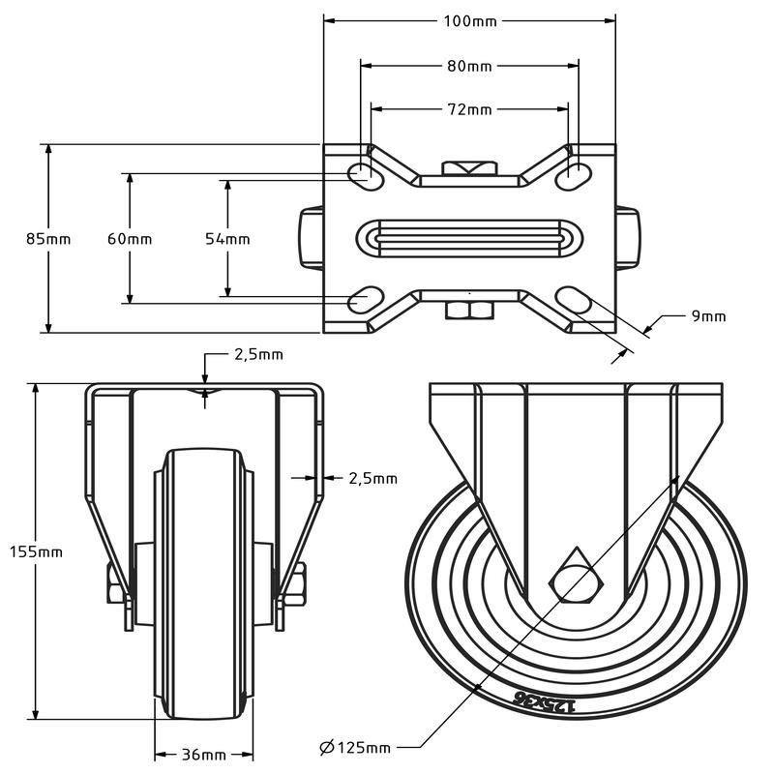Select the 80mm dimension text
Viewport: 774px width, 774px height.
[x=468, y=66]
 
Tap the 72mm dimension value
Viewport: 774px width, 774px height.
[x=468, y=109]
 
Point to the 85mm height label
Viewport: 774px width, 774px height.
[x=47, y=238]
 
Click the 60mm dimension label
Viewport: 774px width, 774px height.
[x=129, y=238]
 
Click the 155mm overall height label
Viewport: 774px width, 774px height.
[x=36, y=551]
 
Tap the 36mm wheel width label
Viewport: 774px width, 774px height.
[x=203, y=755]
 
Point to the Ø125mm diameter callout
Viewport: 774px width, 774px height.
[x=355, y=747]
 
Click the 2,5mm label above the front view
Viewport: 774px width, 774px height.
[x=258, y=354]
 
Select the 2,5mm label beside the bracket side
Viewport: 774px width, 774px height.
[x=372, y=477]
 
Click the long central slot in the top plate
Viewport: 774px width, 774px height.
[x=468, y=236]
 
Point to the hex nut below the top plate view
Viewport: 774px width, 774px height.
[x=468, y=310]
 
